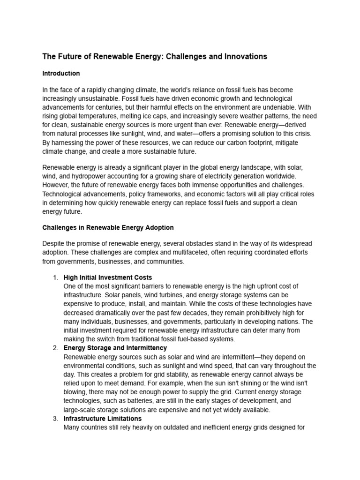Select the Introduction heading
pyautogui.click(x=61, y=74)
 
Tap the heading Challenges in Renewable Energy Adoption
pyautogui.click(x=108, y=227)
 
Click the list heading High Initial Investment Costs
pyautogui.click(x=107, y=277)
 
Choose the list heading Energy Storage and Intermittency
pyautogui.click(x=115, y=348)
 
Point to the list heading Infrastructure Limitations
pyautogui.click(x=102, y=418)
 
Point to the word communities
pyautogui.click(x=165, y=262)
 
